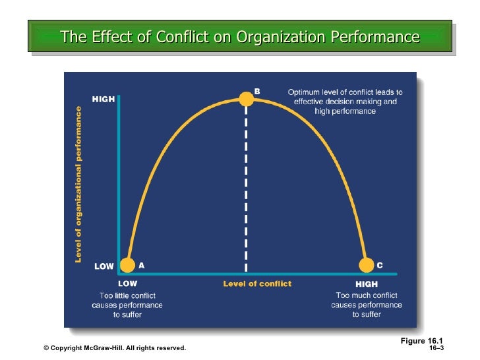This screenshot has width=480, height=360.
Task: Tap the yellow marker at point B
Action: tap(246, 100)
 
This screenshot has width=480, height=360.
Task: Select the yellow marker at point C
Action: tap(366, 265)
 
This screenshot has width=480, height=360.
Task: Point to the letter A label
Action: tap(141, 265)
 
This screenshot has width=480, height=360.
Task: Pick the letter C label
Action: tap(379, 265)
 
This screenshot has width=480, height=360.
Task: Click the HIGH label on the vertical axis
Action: tap(103, 100)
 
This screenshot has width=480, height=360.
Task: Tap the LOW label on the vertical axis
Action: tap(104, 267)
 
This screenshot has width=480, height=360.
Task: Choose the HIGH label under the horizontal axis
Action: tap(366, 284)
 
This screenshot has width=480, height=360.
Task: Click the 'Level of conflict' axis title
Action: tap(257, 284)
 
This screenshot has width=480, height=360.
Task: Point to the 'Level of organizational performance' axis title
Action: tap(78, 185)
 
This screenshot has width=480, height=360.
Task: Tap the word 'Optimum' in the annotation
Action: tap(305, 92)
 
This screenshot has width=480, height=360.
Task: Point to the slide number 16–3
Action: tap(436, 347)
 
